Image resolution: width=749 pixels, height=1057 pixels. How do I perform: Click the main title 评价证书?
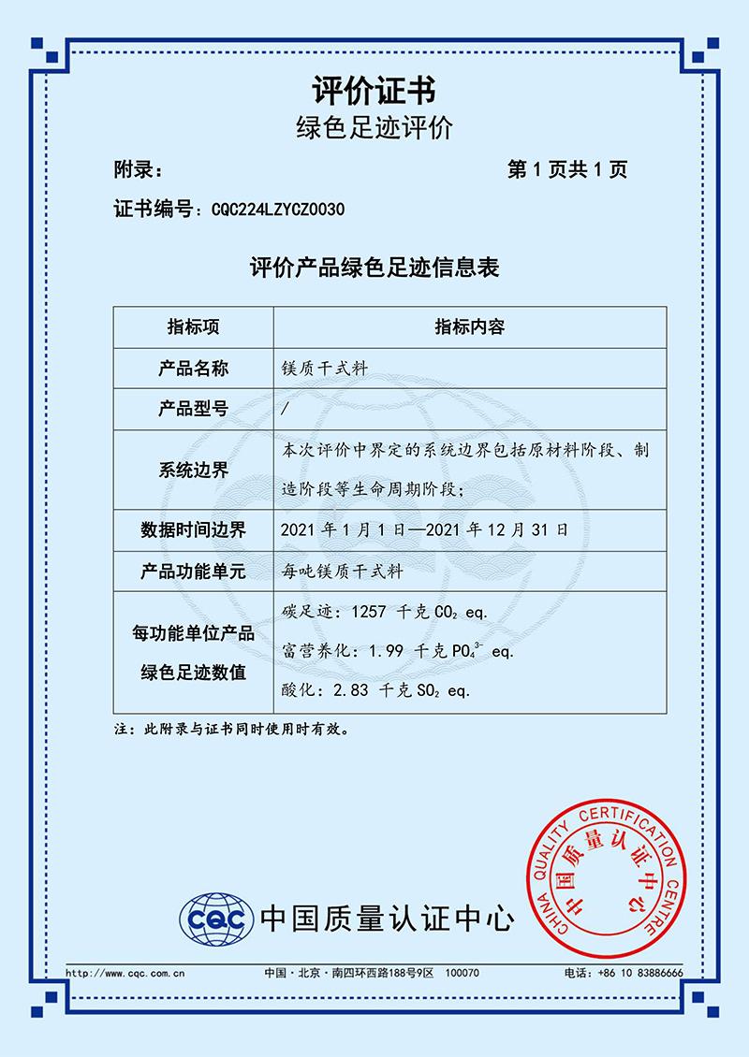tap(374, 91)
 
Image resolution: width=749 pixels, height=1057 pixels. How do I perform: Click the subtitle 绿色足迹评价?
tap(374, 129)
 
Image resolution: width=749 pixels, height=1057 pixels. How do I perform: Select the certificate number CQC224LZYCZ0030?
tap(279, 210)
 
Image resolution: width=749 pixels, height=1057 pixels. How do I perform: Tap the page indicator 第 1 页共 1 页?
tap(566, 169)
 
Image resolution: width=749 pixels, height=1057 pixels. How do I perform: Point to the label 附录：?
tap(139, 169)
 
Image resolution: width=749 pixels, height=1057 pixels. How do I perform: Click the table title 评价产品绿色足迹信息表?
tap(374, 269)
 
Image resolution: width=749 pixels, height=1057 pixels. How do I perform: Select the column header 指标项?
tap(193, 327)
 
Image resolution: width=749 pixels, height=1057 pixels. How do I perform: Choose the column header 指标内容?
tap(469, 327)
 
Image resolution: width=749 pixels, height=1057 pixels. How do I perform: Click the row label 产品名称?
tap(193, 369)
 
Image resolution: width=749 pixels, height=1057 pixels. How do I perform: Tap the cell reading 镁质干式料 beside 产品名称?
tap(324, 369)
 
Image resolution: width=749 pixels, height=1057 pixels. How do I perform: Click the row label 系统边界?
tap(193, 471)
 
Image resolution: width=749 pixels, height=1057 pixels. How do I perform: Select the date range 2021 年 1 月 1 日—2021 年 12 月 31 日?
tap(423, 530)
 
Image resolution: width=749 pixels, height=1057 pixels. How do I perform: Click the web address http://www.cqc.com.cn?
tap(125, 974)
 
